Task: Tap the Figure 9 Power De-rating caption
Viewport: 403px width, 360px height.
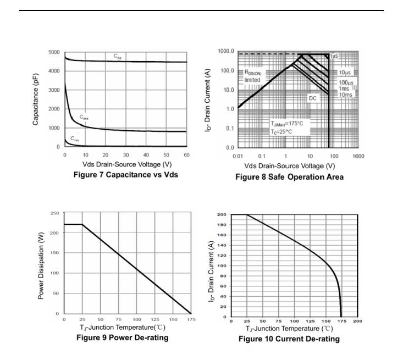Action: pyautogui.click(x=122, y=337)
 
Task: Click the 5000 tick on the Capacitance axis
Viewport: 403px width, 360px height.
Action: pyautogui.click(x=54, y=52)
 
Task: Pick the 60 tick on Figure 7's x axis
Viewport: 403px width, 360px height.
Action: pyautogui.click(x=186, y=155)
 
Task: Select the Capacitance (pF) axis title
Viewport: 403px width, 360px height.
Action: pyautogui.click(x=36, y=99)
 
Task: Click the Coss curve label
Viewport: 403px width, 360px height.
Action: pyautogui.click(x=84, y=117)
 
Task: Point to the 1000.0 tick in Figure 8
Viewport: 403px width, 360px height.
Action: pyautogui.click(x=224, y=52)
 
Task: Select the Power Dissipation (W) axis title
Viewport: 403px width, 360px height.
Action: pyautogui.click(x=41, y=263)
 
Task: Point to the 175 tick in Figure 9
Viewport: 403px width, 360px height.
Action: pyautogui.click(x=190, y=319)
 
